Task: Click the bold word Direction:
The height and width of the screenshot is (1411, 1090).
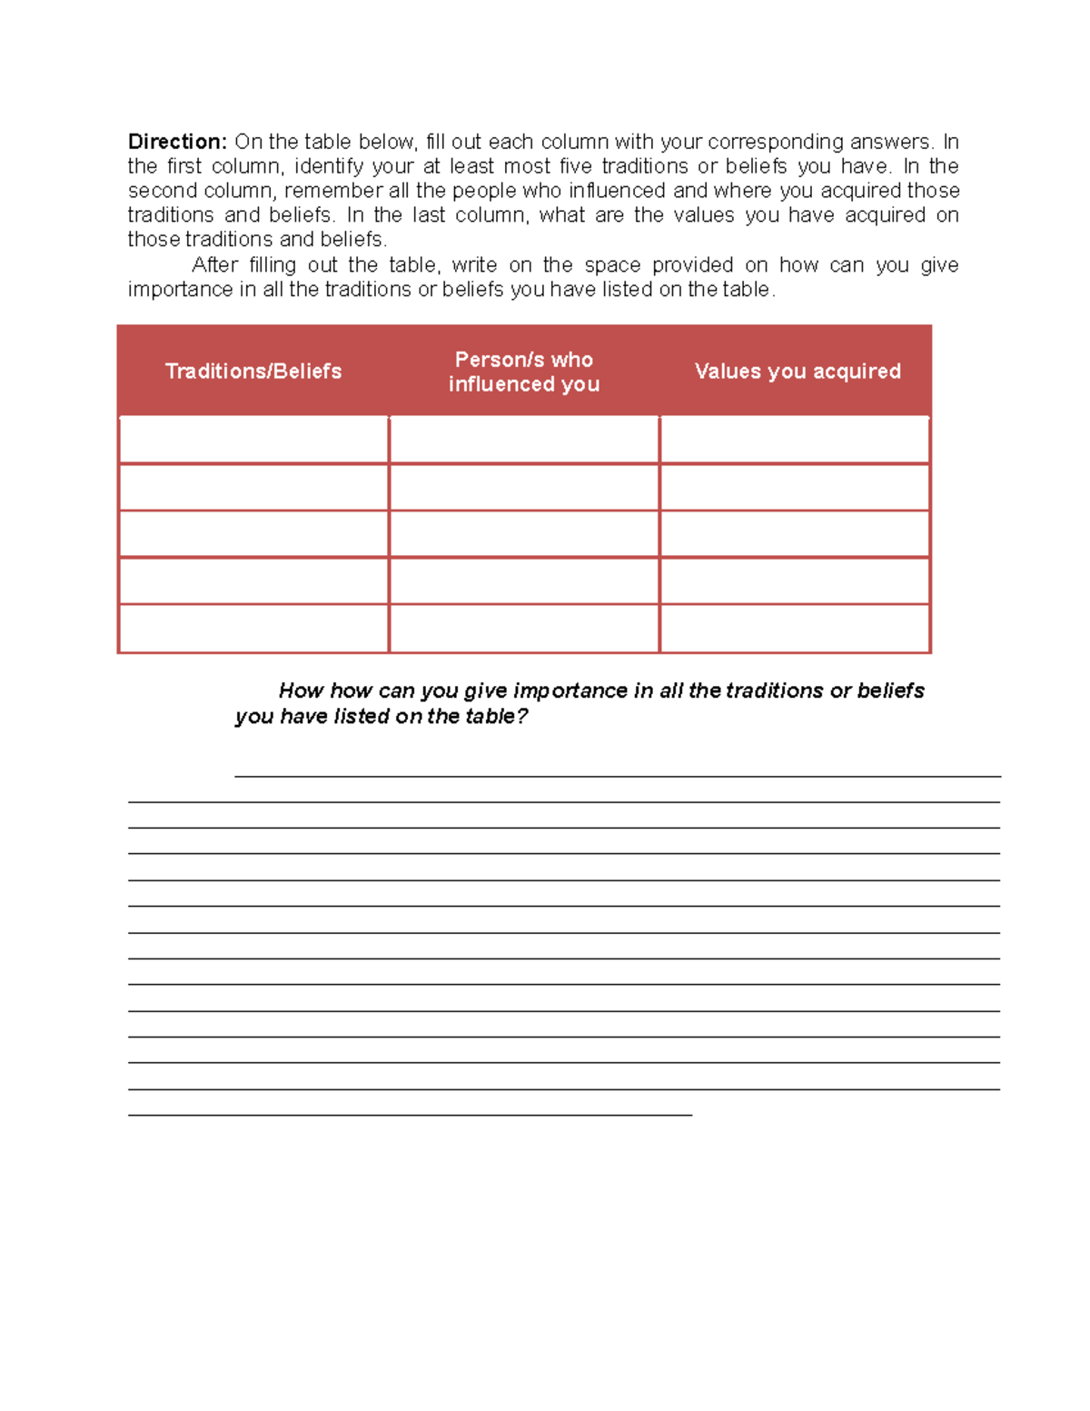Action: tap(177, 142)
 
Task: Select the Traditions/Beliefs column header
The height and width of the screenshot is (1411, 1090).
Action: tap(253, 371)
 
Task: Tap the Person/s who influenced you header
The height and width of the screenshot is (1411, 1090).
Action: tap(524, 372)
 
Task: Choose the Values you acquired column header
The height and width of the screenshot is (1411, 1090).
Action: tap(798, 371)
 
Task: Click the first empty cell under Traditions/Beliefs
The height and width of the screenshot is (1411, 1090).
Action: tap(253, 440)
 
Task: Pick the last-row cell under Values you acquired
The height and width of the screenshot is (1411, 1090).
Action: tap(795, 629)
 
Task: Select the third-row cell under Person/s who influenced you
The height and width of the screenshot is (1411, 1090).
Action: tap(524, 534)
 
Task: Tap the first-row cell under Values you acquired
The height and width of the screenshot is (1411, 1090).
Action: tap(795, 440)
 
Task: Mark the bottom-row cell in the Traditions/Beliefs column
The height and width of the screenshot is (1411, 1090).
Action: tap(253, 629)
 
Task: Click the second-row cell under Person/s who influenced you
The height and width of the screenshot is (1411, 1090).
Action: tap(524, 487)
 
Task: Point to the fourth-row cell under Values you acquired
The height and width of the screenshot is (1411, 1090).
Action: tap(795, 581)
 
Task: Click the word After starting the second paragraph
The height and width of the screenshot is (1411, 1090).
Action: tap(215, 265)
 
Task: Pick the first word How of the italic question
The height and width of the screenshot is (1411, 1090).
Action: tap(301, 691)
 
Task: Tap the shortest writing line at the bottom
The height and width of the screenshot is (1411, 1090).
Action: tap(410, 1114)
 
